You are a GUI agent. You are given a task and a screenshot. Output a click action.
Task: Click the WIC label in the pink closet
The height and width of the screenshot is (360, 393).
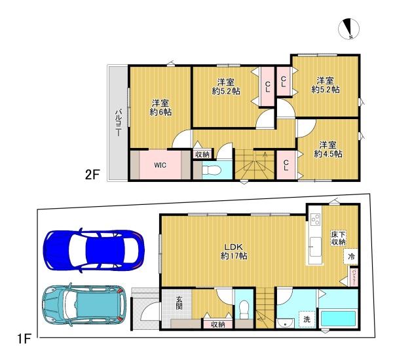click(x=160, y=165)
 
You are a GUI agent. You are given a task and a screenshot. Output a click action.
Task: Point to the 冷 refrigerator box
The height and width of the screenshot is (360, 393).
click(x=352, y=257)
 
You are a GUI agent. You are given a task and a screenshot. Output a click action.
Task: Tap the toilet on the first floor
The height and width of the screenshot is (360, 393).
click(x=244, y=307)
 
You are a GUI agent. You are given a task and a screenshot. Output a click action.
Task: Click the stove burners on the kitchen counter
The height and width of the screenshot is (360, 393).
click(x=314, y=219)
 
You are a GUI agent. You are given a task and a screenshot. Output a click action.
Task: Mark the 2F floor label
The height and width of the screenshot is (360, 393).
click(x=92, y=175)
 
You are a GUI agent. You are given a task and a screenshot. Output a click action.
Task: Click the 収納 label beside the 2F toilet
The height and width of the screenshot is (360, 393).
click(x=202, y=154)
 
